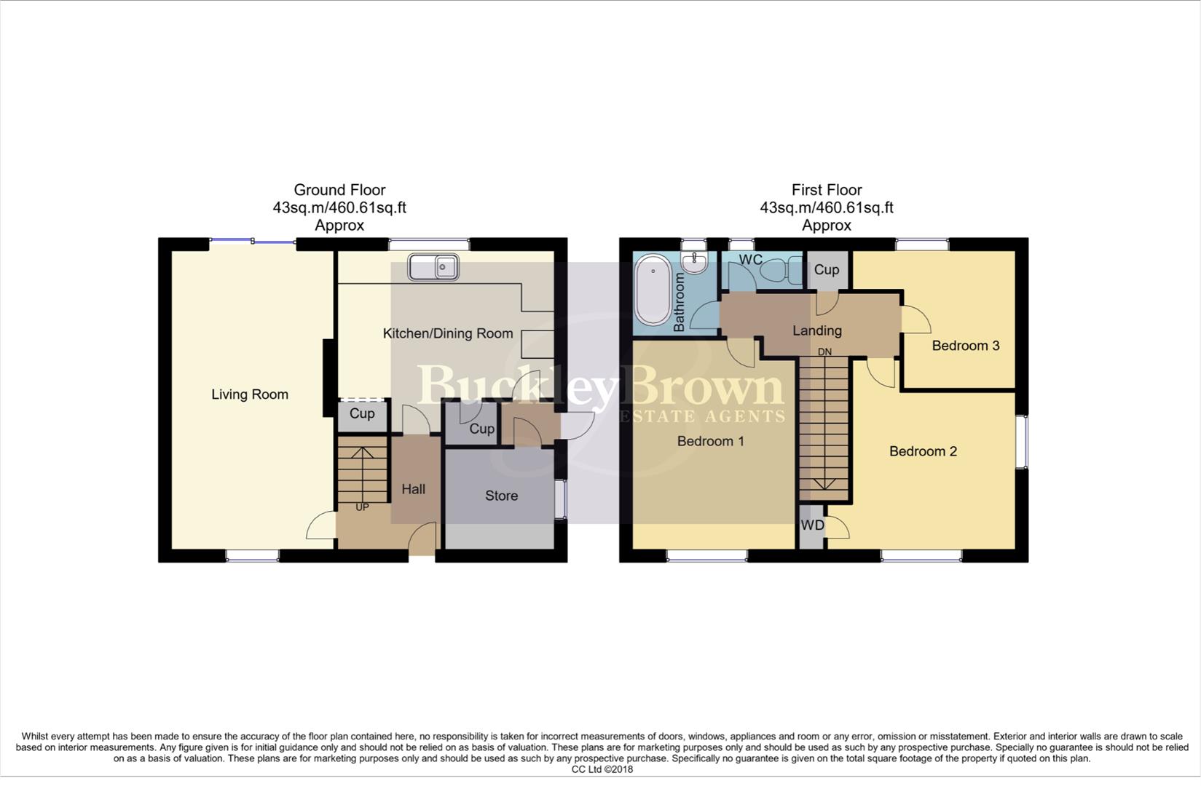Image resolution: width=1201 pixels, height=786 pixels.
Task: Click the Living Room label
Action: pyautogui.click(x=250, y=394)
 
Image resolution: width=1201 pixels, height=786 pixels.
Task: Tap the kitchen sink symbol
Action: pyautogui.click(x=433, y=267)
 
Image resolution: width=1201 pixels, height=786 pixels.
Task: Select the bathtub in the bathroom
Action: pyautogui.click(x=653, y=290)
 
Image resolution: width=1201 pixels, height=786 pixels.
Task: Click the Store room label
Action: pyautogui.click(x=501, y=496)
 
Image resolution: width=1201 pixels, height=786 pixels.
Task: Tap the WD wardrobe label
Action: pyautogui.click(x=812, y=525)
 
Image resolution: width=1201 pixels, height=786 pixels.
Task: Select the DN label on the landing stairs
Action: pyautogui.click(x=824, y=352)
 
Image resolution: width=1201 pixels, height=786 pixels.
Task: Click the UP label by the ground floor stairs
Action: pyautogui.click(x=362, y=507)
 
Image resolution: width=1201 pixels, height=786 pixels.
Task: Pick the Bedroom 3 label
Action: pyautogui.click(x=966, y=346)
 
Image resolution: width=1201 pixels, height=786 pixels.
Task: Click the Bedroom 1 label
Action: pyautogui.click(x=710, y=441)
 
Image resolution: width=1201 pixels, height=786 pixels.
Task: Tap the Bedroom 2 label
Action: pyautogui.click(x=923, y=451)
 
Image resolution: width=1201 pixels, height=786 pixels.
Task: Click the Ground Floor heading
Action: pyautogui.click(x=339, y=190)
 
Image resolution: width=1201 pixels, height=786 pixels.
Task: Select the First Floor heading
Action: pyautogui.click(x=827, y=190)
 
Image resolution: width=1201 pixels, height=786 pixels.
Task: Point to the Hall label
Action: pyautogui.click(x=413, y=489)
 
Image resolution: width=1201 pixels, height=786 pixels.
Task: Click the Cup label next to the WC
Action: pyautogui.click(x=827, y=269)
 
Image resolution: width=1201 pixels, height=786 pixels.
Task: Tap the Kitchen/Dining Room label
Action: pyautogui.click(x=448, y=333)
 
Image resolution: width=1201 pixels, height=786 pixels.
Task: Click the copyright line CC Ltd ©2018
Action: pyautogui.click(x=602, y=769)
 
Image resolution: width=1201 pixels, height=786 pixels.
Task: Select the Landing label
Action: pyautogui.click(x=817, y=330)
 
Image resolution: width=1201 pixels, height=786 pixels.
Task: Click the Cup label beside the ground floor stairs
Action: pyautogui.click(x=362, y=413)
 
